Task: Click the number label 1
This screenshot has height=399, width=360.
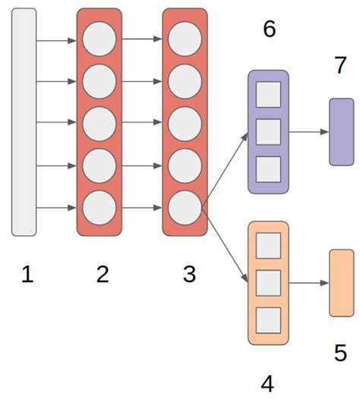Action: click(27, 275)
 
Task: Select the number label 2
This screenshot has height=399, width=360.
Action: click(103, 275)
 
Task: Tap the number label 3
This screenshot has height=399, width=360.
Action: click(189, 275)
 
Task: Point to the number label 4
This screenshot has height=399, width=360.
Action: click(267, 384)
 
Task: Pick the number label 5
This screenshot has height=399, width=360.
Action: click(340, 353)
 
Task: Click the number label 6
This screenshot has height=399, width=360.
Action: click(269, 30)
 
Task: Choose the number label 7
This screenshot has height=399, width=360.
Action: click(340, 65)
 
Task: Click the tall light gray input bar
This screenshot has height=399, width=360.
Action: click(24, 121)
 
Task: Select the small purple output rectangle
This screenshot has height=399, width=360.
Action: click(341, 131)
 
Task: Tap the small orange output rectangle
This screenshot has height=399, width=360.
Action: click(341, 282)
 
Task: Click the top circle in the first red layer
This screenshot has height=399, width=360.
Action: click(99, 39)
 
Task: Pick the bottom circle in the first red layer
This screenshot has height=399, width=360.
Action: click(99, 206)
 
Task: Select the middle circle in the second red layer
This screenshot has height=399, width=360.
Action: click(185, 123)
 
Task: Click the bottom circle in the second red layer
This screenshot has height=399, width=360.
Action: click(185, 206)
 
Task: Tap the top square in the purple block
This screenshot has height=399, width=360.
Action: click(268, 94)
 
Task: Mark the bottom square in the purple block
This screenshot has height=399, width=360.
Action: click(268, 168)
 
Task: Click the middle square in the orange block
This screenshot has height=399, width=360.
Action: click(268, 282)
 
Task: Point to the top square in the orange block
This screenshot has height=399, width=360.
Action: click(268, 245)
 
